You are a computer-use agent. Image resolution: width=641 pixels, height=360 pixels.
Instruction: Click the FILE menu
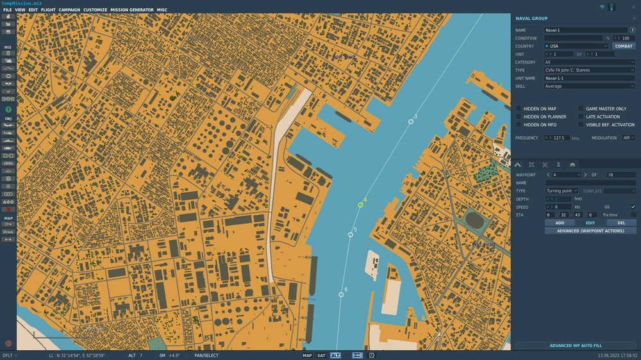[8, 10]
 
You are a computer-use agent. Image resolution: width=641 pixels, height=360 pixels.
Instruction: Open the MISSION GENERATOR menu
[131, 10]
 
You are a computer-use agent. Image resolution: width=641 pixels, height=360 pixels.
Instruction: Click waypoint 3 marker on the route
[411, 121]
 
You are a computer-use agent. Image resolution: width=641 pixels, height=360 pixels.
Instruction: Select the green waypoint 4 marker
[361, 205]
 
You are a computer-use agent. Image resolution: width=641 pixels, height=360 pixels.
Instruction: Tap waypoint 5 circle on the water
[351, 234]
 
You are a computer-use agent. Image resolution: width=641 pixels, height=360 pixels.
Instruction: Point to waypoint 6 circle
[341, 295]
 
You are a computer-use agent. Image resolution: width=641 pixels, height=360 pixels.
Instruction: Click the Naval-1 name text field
[585, 30]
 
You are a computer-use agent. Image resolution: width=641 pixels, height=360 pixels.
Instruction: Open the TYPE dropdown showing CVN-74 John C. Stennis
[589, 70]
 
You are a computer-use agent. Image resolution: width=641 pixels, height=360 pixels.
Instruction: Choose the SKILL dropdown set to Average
[589, 86]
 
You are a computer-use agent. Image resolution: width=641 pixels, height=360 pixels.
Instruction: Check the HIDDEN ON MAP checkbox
[519, 109]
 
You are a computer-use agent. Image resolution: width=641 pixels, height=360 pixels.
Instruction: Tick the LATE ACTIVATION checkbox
[581, 117]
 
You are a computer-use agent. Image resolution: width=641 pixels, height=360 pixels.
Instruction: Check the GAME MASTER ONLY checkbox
[581, 109]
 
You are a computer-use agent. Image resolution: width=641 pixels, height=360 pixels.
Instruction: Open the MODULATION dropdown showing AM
[628, 138]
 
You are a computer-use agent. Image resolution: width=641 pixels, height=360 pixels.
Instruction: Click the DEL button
[621, 223]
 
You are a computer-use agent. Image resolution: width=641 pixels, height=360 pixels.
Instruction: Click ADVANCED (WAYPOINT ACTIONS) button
[590, 231]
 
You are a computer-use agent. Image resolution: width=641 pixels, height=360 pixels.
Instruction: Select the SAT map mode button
[321, 355]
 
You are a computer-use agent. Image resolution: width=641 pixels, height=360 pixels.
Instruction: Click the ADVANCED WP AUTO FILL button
[575, 345]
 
